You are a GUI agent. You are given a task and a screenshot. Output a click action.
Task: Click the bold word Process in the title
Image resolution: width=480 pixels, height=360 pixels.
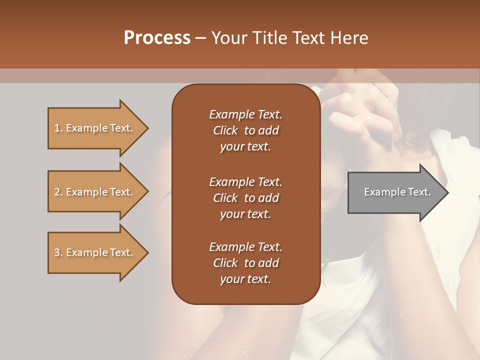click(x=157, y=38)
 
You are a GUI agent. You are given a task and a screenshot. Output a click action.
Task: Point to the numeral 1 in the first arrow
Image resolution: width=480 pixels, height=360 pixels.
click(x=57, y=128)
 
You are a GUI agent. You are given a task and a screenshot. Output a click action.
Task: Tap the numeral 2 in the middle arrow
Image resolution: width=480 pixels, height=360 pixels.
click(x=57, y=192)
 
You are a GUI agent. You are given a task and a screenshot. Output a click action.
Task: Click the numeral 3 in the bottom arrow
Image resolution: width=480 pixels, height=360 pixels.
click(x=57, y=252)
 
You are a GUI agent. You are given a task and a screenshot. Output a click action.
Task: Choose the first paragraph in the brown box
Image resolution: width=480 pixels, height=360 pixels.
click(x=245, y=130)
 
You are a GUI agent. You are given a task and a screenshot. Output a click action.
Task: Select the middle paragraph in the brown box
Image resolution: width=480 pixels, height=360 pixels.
click(x=245, y=197)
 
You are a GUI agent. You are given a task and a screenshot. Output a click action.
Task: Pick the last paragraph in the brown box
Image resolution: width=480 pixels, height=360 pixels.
click(x=245, y=263)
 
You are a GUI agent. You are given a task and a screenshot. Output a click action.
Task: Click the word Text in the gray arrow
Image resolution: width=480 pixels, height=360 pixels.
click(x=420, y=192)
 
